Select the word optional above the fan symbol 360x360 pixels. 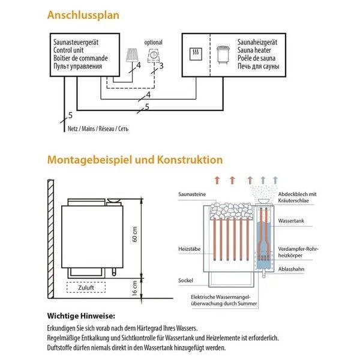pyautogui.click(x=154, y=42)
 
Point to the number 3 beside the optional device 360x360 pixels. pyautogui.click(x=161, y=65)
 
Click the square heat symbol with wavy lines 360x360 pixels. pyautogui.click(x=195, y=52)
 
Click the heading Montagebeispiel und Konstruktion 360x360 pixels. pyautogui.click(x=135, y=160)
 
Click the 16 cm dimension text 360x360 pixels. pyautogui.click(x=136, y=291)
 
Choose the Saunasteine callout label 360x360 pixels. pyautogui.click(x=191, y=195)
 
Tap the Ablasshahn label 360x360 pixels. pyautogui.click(x=291, y=269)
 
